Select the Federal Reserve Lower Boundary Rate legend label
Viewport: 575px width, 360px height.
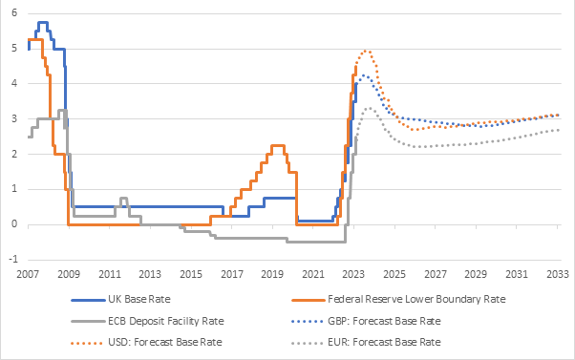pos(400,298)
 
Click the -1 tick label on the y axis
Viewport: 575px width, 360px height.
pos(11,260)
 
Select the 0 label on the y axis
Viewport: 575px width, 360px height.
pos(13,224)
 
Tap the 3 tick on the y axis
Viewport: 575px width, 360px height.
pos(13,118)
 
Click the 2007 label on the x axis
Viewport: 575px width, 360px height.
pos(28,273)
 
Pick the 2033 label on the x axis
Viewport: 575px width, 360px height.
pos(557,273)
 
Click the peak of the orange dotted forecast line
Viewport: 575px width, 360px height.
pos(367,51)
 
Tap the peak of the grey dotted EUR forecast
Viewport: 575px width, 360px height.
pos(371,107)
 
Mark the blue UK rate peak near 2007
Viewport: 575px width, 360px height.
pos(42,22)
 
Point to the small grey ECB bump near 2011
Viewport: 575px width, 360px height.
pos(124,198)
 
